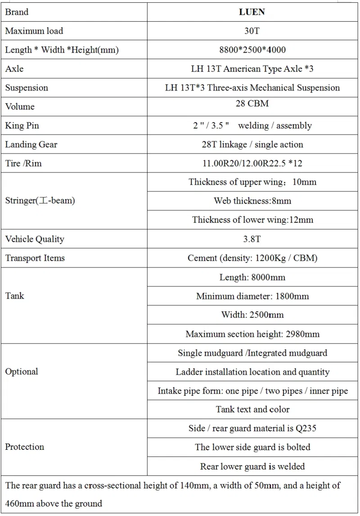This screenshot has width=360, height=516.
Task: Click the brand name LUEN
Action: [252, 12]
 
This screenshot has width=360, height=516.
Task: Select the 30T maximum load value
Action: [252, 31]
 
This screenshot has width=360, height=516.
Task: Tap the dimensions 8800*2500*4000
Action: [252, 50]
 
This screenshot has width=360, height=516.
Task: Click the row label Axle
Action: [14, 69]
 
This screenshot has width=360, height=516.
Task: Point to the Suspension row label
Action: [27, 88]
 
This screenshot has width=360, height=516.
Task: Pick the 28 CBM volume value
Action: [252, 104]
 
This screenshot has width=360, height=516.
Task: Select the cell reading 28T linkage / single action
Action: [252, 145]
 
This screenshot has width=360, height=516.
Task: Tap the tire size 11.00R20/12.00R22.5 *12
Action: [252, 163]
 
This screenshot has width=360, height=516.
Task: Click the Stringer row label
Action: [40, 201]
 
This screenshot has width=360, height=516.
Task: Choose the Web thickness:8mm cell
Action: [252, 201]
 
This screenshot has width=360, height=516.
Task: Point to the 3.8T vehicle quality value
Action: [252, 239]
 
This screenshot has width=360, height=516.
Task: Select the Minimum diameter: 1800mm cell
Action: [252, 296]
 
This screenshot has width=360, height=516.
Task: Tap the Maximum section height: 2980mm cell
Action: [252, 334]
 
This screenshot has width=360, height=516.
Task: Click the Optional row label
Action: [22, 371]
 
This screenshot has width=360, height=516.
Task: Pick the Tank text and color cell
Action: [252, 409]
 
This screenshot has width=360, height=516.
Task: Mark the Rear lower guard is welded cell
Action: [252, 466]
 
